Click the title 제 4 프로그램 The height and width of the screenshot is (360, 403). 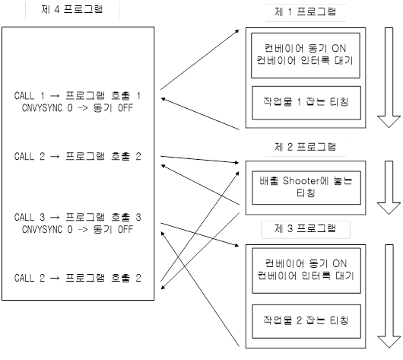pos(72,10)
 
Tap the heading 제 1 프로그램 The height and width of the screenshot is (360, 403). pos(306,12)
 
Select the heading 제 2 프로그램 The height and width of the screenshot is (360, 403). pos(306,147)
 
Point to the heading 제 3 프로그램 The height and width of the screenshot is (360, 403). pos(306,228)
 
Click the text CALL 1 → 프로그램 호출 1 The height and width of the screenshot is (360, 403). pos(78,96)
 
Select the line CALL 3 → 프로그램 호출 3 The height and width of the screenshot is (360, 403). pos(78,217)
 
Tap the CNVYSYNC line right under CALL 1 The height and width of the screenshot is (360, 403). pos(78,108)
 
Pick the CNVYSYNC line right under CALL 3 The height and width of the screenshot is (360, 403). pos(78,229)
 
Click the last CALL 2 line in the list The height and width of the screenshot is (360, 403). pos(78,278)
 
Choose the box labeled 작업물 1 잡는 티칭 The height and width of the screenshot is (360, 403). pos(306,103)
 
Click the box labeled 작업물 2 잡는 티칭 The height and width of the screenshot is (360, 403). pos(306,321)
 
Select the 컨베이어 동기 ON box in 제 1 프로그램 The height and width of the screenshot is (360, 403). pos(306,56)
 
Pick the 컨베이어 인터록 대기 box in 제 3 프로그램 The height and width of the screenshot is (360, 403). pos(306,271)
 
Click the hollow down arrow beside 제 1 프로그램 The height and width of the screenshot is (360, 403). pos(389,78)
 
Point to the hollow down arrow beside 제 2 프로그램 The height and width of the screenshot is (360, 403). pos(389,187)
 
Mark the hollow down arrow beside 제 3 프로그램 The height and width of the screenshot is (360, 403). pos(389,296)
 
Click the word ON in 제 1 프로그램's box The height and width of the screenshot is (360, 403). pos(338,49)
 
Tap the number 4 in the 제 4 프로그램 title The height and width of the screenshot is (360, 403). pos(57,10)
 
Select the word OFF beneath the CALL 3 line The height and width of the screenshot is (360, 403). pos(125,229)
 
